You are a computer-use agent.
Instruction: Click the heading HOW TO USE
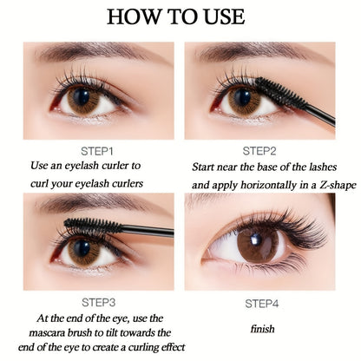click(x=176, y=16)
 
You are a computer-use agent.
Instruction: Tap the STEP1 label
click(x=97, y=151)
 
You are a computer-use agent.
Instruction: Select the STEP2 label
click(x=259, y=151)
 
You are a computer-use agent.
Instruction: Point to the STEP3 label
click(x=99, y=303)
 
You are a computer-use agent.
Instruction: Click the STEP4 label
click(x=262, y=304)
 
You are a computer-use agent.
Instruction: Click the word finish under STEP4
click(x=262, y=329)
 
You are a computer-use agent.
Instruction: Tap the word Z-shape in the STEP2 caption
click(x=338, y=185)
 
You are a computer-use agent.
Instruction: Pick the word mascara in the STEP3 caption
click(x=47, y=333)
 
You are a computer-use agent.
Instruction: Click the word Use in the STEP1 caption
click(x=39, y=166)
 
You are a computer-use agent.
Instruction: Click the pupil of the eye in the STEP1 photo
click(x=82, y=97)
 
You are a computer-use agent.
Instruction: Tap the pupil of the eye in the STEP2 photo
click(x=242, y=97)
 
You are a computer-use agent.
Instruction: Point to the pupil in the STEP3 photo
click(x=82, y=248)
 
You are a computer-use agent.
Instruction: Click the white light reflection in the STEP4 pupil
click(x=255, y=240)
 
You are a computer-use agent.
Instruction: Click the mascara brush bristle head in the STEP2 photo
click(x=280, y=92)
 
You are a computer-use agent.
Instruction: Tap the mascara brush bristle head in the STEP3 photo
click(x=93, y=226)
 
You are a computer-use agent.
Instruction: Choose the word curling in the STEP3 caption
click(x=142, y=347)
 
